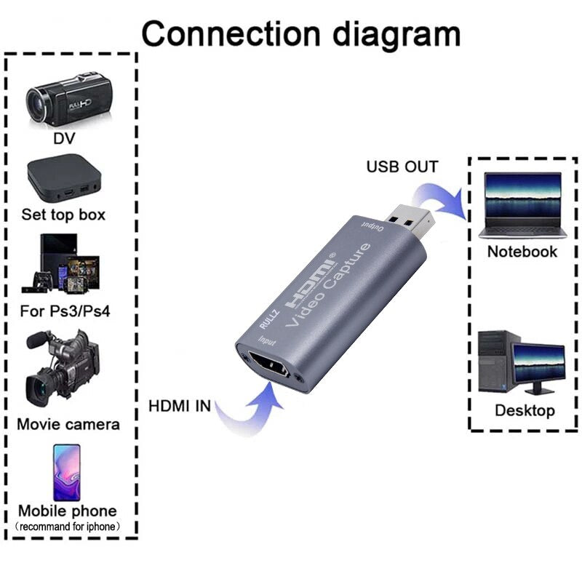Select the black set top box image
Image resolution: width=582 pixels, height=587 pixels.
(x=64, y=178)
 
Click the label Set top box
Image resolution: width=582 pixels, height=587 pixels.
(x=64, y=215)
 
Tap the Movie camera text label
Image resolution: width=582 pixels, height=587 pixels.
(x=68, y=423)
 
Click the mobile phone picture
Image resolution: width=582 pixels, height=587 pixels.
(x=66, y=472)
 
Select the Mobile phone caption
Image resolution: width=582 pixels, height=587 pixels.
(x=67, y=511)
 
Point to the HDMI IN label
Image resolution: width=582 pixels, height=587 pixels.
(x=179, y=406)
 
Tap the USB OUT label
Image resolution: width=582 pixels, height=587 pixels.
(x=402, y=167)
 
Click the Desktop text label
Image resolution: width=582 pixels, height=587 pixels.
(x=525, y=410)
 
